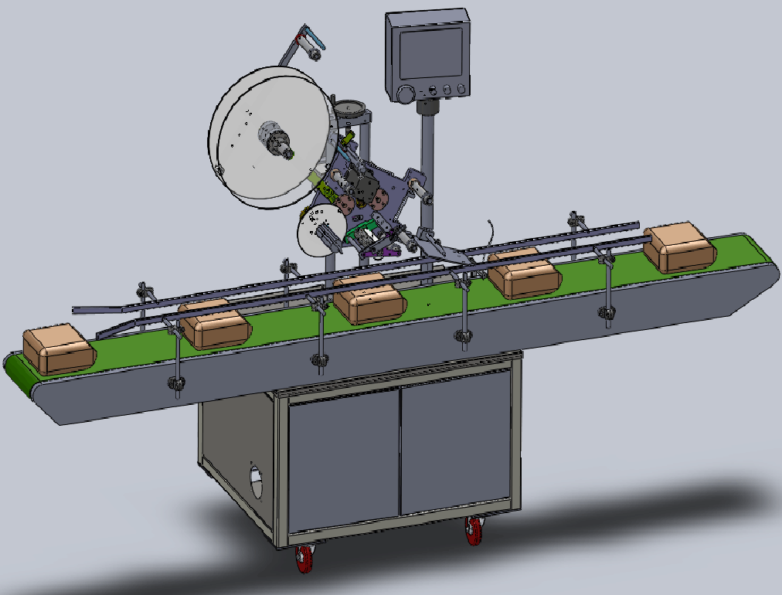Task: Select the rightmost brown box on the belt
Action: click(680, 247)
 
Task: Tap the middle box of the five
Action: click(369, 301)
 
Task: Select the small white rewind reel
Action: click(318, 229)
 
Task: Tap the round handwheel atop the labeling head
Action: click(351, 106)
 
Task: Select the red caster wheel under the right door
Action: click(474, 531)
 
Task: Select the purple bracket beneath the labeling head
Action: click(379, 250)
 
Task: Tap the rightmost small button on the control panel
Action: click(461, 89)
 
